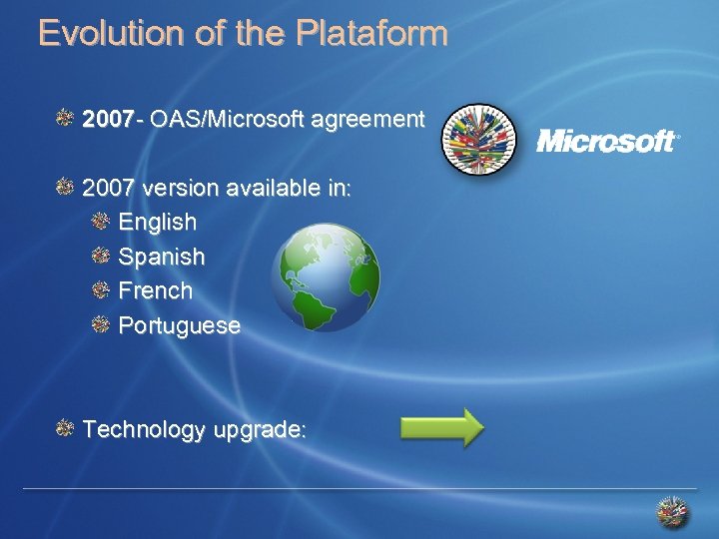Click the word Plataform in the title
(x=371, y=33)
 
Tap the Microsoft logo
(x=608, y=141)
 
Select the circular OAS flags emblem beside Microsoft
(x=479, y=141)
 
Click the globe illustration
(x=326, y=276)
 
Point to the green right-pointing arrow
(x=441, y=426)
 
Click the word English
(x=158, y=222)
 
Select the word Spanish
(x=162, y=257)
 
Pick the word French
(x=156, y=290)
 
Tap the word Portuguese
(x=180, y=325)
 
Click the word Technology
(x=143, y=430)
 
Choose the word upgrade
(x=258, y=431)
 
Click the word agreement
(x=367, y=121)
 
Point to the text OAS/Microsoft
(x=228, y=121)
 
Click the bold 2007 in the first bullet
(x=108, y=121)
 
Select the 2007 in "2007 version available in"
(x=109, y=188)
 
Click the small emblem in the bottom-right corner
(x=672, y=512)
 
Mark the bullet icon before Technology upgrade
(x=65, y=428)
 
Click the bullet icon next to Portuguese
(x=100, y=323)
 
